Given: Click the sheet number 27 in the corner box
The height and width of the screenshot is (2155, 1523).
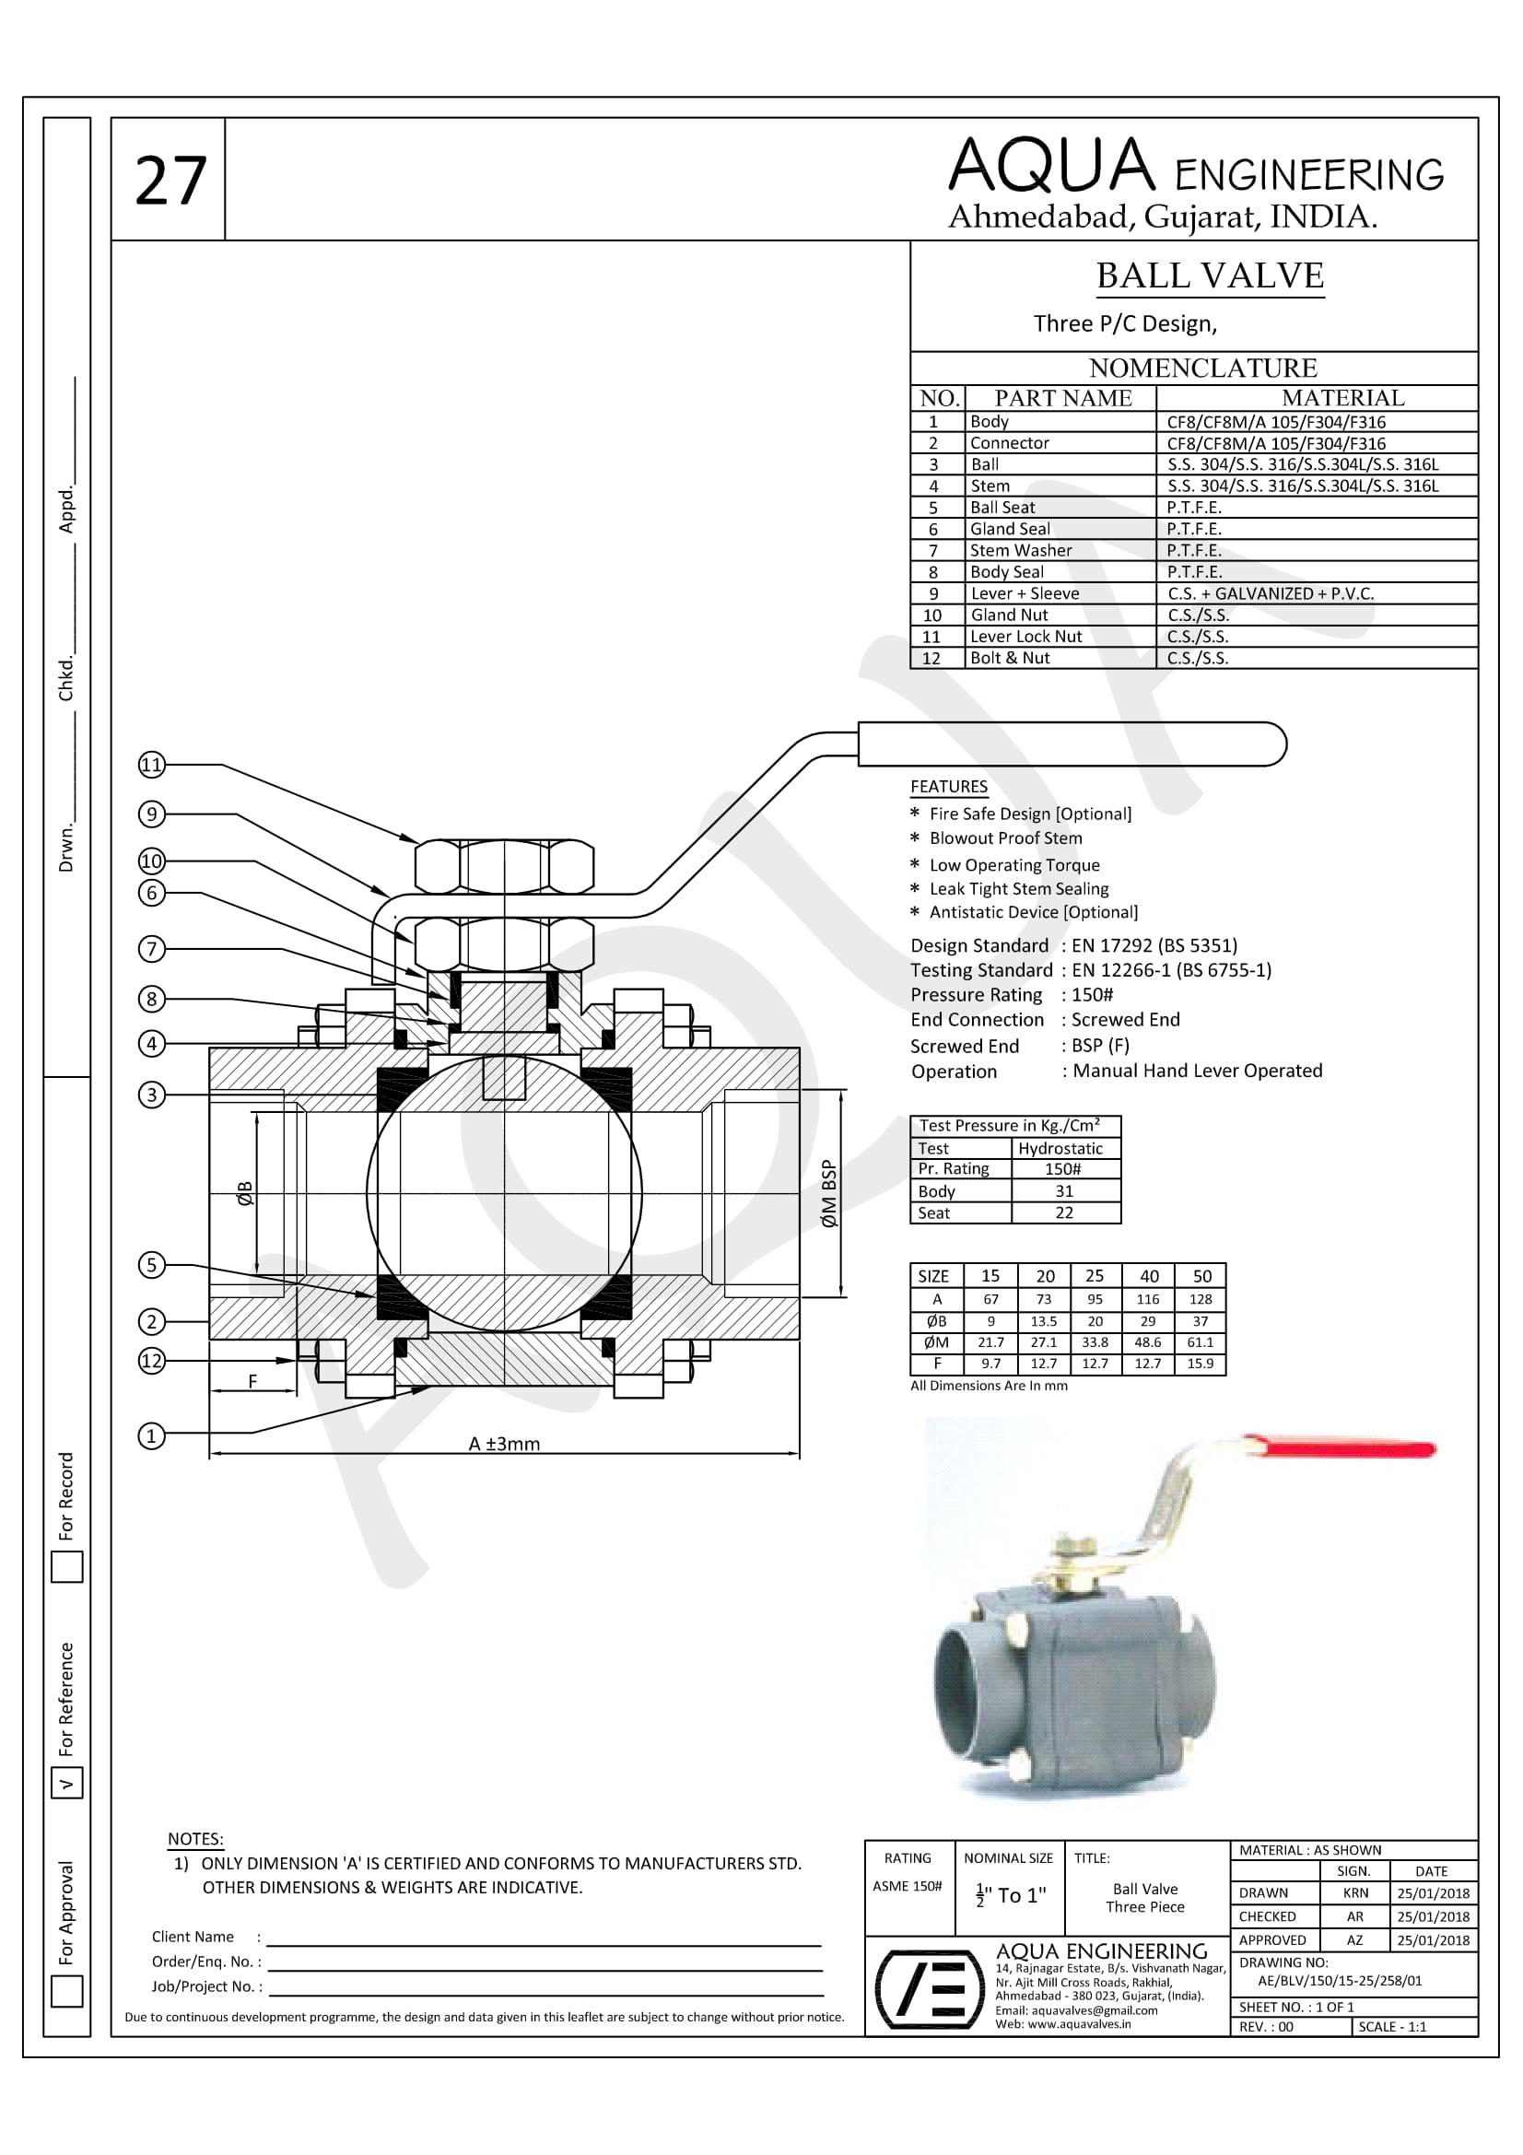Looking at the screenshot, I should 170,181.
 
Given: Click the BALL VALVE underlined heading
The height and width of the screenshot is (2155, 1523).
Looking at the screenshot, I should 1210,276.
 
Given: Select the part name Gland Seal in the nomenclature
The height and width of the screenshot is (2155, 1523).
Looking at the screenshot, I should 1010,530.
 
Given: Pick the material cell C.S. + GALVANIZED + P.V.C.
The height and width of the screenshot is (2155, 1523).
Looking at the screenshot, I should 1271,594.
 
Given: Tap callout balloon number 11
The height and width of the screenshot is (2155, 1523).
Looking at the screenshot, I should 151,765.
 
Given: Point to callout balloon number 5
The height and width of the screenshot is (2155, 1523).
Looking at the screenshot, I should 152,1265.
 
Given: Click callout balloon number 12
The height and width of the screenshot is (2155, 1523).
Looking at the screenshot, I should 152,1361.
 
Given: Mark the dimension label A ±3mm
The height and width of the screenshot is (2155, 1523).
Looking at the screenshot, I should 504,1444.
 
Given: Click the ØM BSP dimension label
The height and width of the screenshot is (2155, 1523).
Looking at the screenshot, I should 828,1194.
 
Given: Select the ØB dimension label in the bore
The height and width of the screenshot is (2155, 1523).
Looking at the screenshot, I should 245,1193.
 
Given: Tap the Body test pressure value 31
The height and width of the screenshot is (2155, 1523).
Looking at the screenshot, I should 1064,1191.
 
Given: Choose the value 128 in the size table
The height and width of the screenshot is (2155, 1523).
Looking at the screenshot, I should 1201,1299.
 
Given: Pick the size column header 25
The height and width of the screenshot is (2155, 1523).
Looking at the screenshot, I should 1095,1276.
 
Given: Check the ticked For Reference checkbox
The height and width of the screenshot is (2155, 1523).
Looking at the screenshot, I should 66,1784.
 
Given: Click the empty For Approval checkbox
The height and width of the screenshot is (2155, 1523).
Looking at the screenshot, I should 66,1991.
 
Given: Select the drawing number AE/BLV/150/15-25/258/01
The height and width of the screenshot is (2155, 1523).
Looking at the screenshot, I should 1339,1981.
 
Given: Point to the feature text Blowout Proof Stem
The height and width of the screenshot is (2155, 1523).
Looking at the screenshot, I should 1005,838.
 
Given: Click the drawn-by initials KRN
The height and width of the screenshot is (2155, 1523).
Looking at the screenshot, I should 1355,1893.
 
